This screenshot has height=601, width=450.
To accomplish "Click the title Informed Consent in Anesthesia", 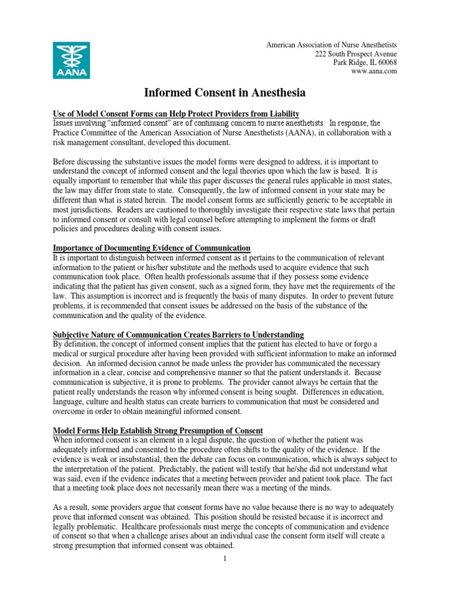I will (x=225, y=92).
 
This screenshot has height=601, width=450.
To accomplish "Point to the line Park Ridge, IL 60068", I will (x=364, y=62).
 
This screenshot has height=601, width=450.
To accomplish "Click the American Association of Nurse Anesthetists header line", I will (x=332, y=45).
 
